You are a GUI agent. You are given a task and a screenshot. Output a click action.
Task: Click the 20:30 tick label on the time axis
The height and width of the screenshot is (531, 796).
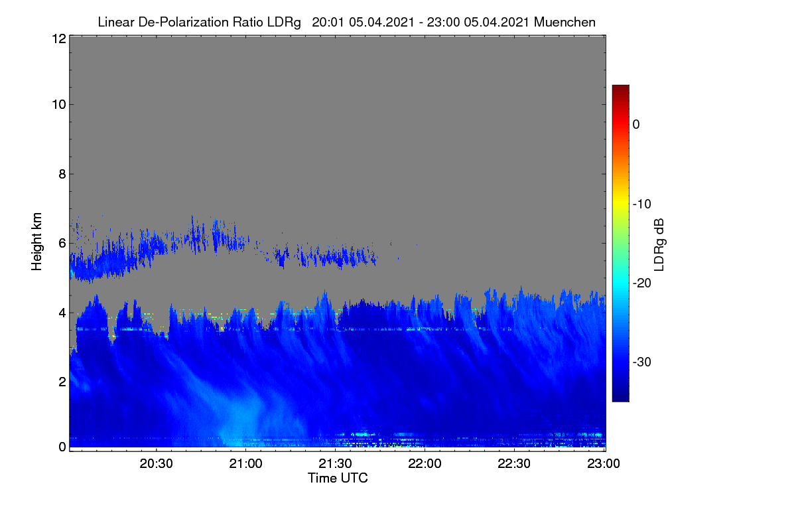pyautogui.click(x=156, y=464)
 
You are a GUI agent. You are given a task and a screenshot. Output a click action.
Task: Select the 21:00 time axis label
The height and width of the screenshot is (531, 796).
pyautogui.click(x=245, y=464)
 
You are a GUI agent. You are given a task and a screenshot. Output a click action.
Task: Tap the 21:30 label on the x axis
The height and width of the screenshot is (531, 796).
pyautogui.click(x=335, y=464)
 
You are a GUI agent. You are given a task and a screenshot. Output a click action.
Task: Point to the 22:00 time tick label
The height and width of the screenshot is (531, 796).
pyautogui.click(x=425, y=464)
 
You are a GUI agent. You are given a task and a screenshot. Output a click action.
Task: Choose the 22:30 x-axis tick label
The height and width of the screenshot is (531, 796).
pyautogui.click(x=514, y=464)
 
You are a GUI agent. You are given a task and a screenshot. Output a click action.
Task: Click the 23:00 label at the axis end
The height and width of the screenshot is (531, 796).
pyautogui.click(x=604, y=464)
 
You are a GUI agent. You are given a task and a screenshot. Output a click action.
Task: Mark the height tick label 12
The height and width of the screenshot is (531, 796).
pyautogui.click(x=59, y=38)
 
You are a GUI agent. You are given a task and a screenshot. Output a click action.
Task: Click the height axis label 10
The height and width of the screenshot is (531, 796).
pyautogui.click(x=59, y=105)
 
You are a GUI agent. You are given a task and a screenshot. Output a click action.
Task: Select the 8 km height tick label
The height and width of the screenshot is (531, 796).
pyautogui.click(x=62, y=174)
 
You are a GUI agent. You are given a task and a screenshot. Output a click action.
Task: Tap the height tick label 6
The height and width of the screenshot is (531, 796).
pyautogui.click(x=62, y=244)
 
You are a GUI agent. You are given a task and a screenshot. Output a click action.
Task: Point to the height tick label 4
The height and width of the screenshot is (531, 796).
pyautogui.click(x=62, y=313)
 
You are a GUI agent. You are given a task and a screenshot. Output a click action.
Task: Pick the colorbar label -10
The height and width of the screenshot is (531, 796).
pyautogui.click(x=642, y=204)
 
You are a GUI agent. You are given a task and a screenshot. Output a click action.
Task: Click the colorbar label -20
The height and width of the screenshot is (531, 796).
pyautogui.click(x=642, y=283)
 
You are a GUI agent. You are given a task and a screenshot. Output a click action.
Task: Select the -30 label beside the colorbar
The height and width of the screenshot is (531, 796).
pyautogui.click(x=642, y=362)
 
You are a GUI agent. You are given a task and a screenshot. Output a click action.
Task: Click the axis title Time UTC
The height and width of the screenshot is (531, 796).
pyautogui.click(x=338, y=478)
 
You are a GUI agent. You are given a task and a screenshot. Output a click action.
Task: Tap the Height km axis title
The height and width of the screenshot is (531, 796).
pyautogui.click(x=36, y=242)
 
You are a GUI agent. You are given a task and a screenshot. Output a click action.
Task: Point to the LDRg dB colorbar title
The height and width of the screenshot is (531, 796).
pyautogui.click(x=659, y=245)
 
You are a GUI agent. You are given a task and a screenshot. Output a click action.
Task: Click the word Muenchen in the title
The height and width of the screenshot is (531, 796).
pyautogui.click(x=564, y=22)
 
